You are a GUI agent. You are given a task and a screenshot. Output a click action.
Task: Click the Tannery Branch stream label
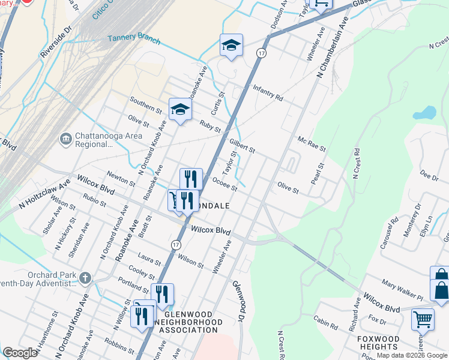134,39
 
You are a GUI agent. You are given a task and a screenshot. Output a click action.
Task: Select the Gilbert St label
243,145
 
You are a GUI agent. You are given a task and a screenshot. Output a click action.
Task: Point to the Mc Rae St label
312,143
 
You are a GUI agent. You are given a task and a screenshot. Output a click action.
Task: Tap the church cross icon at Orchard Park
85,278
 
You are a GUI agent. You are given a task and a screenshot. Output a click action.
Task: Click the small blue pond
424,112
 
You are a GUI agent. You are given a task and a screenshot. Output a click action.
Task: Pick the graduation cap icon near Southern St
179,110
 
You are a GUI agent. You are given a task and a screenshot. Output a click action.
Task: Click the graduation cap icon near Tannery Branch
231,45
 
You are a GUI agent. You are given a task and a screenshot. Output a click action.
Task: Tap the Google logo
20,353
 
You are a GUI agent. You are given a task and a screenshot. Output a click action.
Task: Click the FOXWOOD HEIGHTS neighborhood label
379,343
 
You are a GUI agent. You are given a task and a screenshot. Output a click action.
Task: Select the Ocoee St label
224,184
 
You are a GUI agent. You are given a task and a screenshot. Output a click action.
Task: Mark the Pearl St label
316,174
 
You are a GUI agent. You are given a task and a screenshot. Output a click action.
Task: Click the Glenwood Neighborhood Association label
188,322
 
